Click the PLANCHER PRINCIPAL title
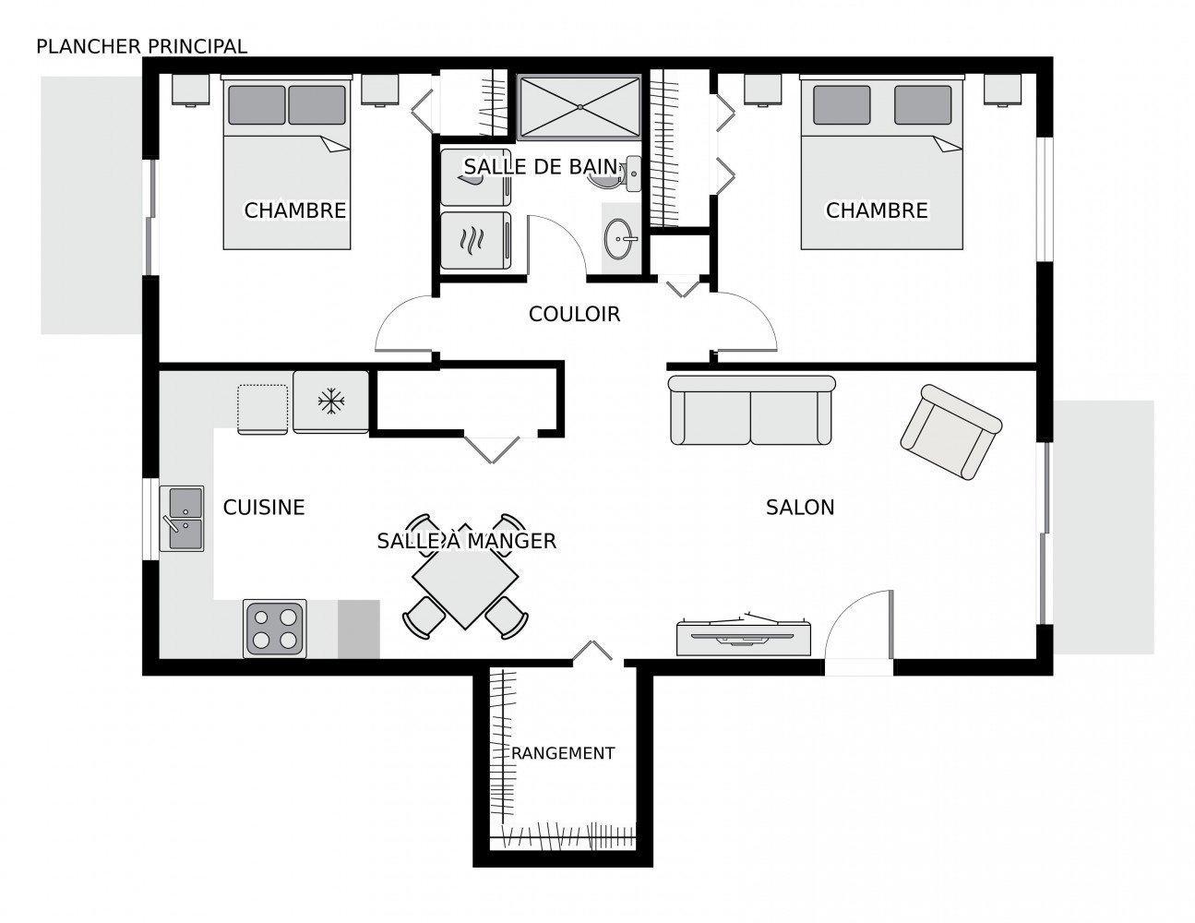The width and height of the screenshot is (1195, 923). click(141, 47)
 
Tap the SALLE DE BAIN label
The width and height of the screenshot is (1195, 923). click(541, 167)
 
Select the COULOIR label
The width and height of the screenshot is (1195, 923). click(574, 314)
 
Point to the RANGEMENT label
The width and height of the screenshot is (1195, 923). click(563, 753)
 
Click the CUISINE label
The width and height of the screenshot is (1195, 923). click(263, 507)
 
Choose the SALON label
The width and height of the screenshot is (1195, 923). click(800, 507)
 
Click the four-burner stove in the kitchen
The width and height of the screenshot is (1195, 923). click(274, 629)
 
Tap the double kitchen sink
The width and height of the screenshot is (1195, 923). click(182, 518)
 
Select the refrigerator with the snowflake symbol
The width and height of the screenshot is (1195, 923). click(330, 402)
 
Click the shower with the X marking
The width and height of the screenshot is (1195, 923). click(580, 107)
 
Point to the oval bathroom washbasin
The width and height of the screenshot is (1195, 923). click(618, 239)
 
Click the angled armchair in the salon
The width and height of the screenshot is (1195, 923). click(951, 432)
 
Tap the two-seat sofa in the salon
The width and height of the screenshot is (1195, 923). click(751, 410)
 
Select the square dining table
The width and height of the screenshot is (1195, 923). click(465, 578)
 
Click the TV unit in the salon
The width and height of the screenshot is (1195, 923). click(744, 635)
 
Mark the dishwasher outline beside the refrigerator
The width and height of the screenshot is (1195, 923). click(262, 409)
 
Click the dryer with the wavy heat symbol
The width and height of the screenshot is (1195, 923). click(475, 240)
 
